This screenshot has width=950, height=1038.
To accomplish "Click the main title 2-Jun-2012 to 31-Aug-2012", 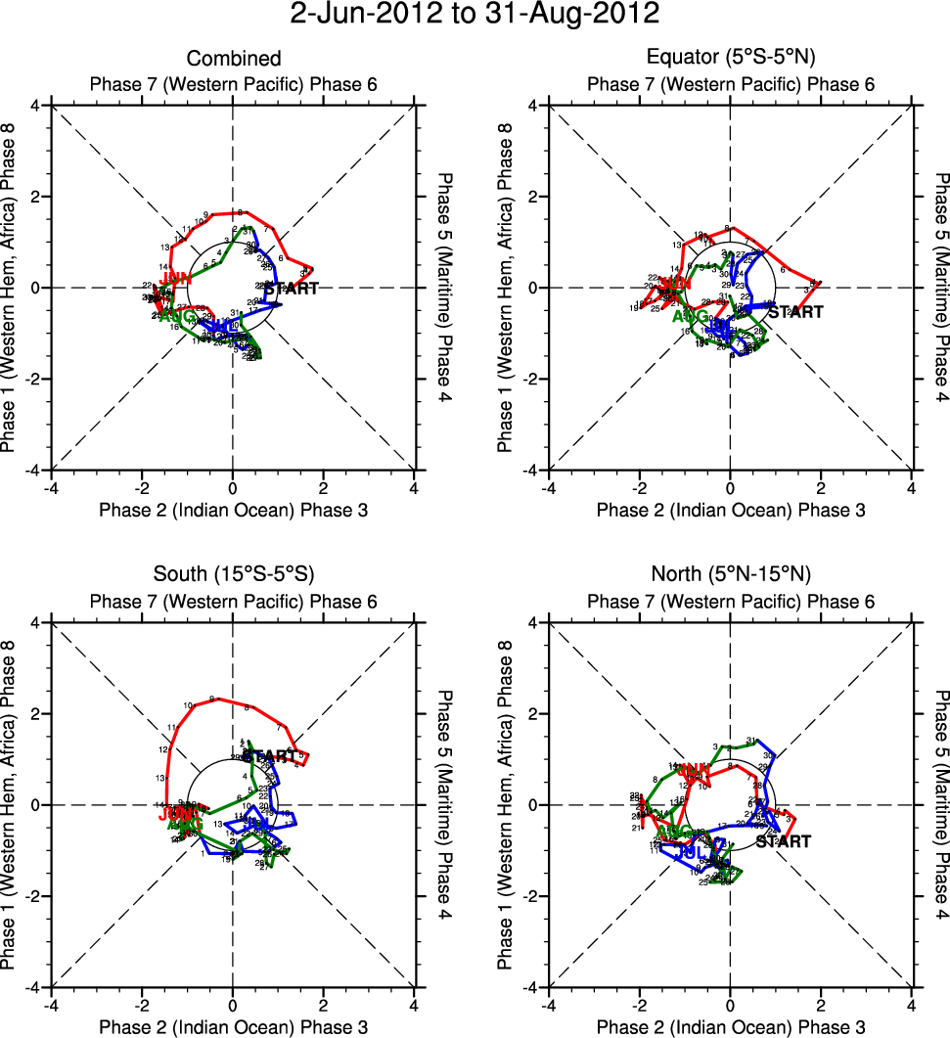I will pos(475,16).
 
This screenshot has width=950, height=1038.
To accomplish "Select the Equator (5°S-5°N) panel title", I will pos(731,59).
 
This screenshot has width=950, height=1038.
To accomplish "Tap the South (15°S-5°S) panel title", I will pos(233,572).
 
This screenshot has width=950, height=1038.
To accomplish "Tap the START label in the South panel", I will pos(269,755).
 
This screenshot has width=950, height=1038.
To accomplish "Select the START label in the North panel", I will pos(782,841).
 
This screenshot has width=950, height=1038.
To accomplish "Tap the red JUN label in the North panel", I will pos(693,771).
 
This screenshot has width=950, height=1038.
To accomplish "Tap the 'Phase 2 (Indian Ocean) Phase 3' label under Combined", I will pos(233,510).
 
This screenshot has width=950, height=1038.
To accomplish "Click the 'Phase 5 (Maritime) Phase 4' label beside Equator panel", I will pos(941,288).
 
